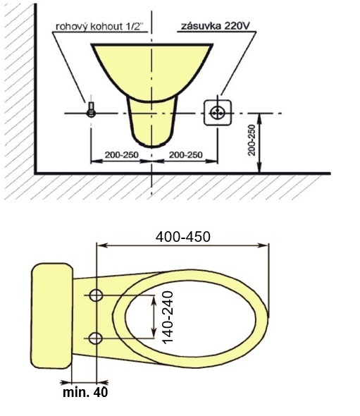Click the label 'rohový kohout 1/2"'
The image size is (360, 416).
pos(99,27)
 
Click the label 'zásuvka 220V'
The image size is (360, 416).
pos(216,25)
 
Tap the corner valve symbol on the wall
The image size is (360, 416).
pos(91,110)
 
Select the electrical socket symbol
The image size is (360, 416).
pos(218,113)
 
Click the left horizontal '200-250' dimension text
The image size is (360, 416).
pos(122,154)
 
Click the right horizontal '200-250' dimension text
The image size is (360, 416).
pos(186,154)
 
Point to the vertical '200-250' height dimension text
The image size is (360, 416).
pos(252,140)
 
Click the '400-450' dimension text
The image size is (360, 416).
pos(183,237)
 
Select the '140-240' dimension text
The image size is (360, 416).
pos(168,317)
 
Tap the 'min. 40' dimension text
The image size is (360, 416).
pos(85,393)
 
